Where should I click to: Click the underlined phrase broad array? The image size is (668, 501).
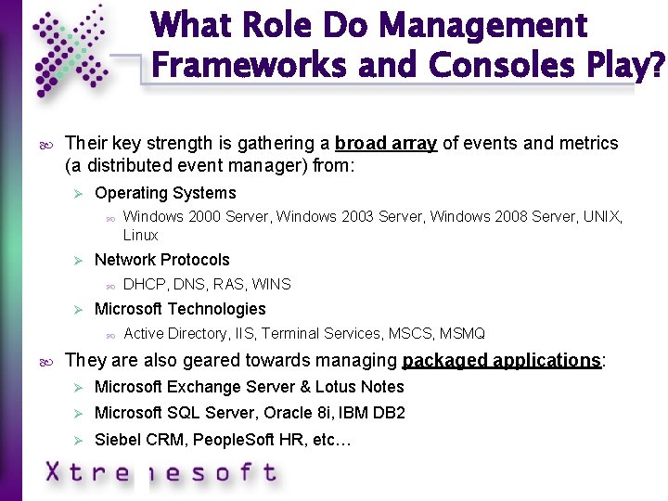pos(385,144)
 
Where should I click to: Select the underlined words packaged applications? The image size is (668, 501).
pos(502,360)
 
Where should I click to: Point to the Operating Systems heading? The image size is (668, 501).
pos(165,193)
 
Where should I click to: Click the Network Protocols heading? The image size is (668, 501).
pos(161,260)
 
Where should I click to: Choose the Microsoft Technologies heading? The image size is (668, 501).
pos(180,309)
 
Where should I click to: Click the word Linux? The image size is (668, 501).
pos(141,235)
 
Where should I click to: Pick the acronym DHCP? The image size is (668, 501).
pos(143,284)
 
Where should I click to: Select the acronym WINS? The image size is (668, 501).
pos(272,284)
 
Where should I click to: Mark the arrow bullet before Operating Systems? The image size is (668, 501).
pos(80,193)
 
